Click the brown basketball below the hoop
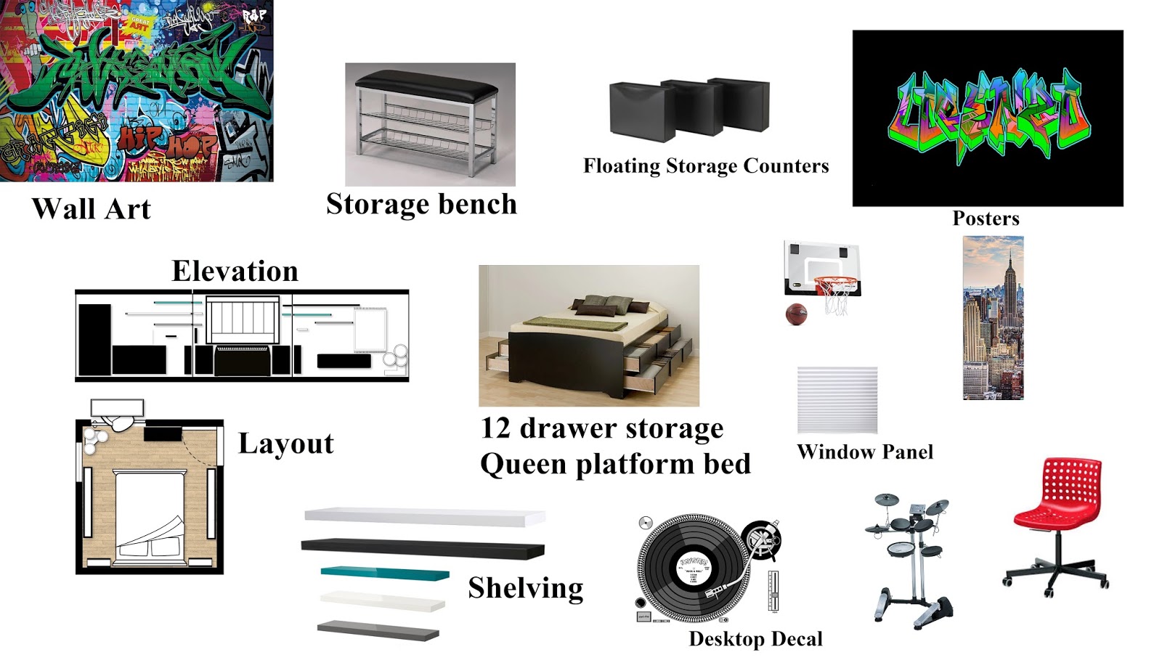point(796,314)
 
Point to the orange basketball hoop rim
point(836,282)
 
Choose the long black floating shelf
point(422,548)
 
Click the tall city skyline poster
point(993,318)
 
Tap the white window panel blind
point(837,400)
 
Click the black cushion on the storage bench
point(426,88)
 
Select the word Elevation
point(235,272)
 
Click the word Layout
point(285,444)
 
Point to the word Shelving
point(525,588)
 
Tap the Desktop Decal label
point(755,639)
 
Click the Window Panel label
point(864,452)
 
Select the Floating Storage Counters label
point(706,166)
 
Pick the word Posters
point(986,219)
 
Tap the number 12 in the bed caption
point(496,428)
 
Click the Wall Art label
point(92,209)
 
